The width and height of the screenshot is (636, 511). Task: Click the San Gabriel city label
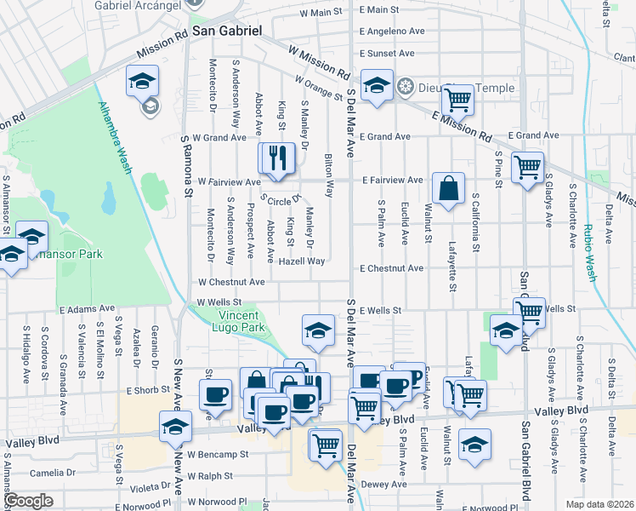225,30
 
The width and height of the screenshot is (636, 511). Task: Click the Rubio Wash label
590,252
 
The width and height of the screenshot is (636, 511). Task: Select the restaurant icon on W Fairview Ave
276,159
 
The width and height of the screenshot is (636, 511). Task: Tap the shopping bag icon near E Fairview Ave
447,187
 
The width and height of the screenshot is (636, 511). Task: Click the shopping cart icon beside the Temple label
457,100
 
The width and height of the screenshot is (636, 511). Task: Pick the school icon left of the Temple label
377,85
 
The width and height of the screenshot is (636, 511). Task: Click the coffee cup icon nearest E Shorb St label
214,394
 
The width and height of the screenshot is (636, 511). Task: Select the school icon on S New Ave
175,425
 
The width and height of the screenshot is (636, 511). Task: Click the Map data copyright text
598,504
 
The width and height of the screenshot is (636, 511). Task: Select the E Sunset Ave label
390,53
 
